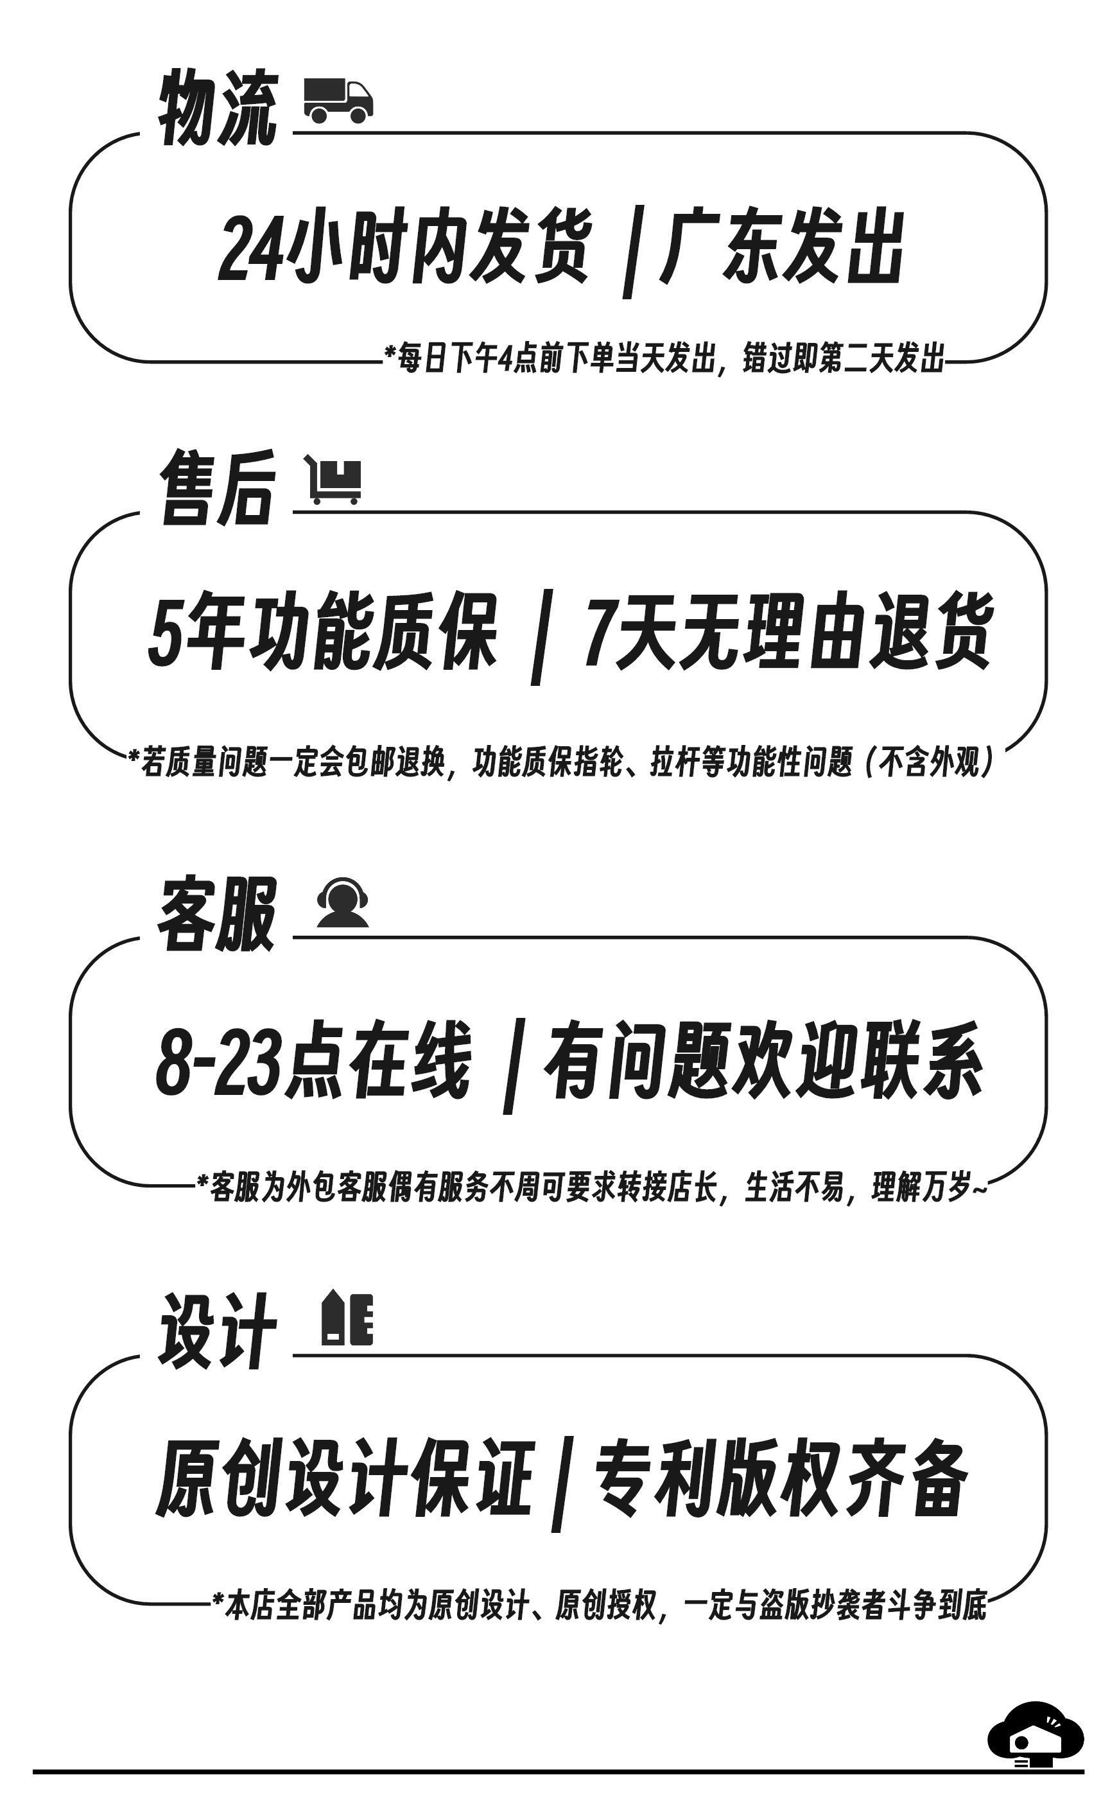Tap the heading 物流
tap(218, 109)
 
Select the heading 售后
tap(218, 487)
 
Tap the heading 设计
tap(218, 1331)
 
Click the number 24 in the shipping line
tap(250, 250)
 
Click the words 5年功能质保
tap(323, 633)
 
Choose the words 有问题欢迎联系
tap(763, 1061)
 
